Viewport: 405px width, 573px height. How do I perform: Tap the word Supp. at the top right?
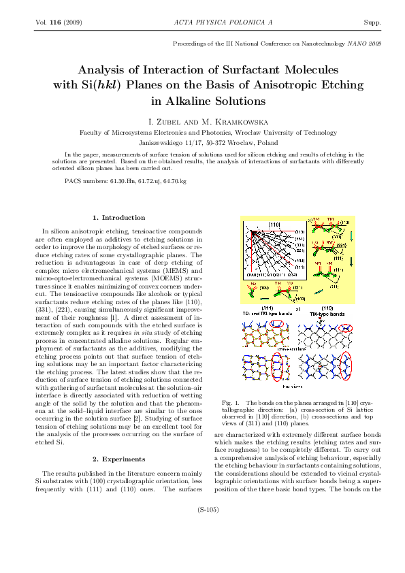pyautogui.click(x=372, y=22)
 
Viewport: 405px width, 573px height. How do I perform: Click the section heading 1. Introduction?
pyautogui.click(x=120, y=218)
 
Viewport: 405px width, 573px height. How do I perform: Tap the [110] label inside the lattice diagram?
pyautogui.click(x=276, y=224)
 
